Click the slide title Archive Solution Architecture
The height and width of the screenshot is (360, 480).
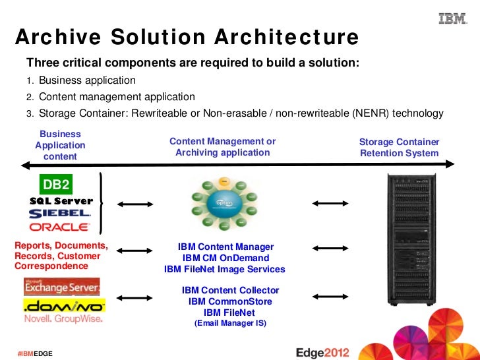[x=187, y=38]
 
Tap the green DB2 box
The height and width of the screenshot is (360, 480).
[x=56, y=184]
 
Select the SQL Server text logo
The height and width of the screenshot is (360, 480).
[x=61, y=200]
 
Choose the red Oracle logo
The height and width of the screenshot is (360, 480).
[x=60, y=227]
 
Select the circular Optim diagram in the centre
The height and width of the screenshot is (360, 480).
[x=224, y=204]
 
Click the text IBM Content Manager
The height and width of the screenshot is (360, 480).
[x=225, y=247]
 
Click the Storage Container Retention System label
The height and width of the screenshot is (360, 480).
[x=399, y=148]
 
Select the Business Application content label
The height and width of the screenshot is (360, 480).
[x=60, y=145]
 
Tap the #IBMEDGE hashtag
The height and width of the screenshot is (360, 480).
[x=35, y=354]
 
